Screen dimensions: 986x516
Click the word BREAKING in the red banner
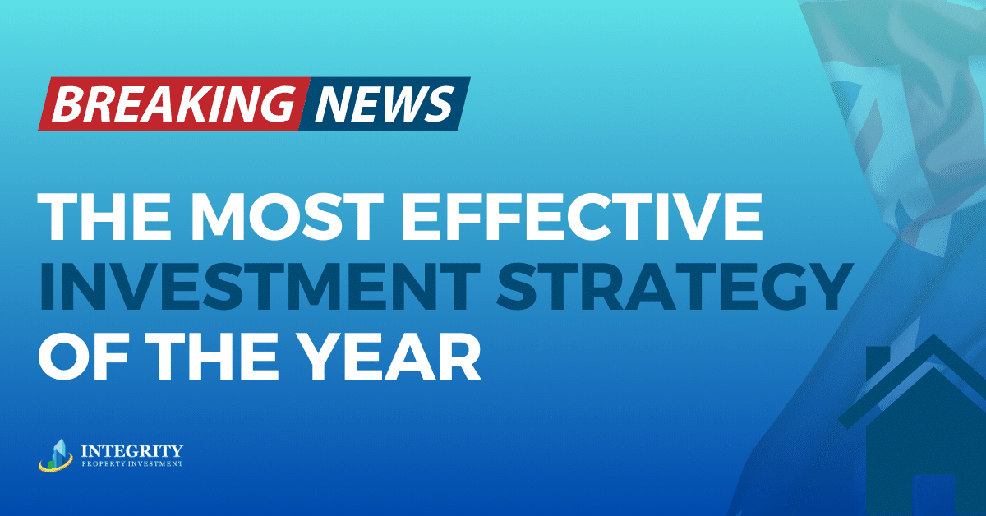[x=174, y=104]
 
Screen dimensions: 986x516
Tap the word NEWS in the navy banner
[x=385, y=104]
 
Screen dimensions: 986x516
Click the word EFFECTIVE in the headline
[x=582, y=217]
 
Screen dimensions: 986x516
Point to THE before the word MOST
[x=104, y=217]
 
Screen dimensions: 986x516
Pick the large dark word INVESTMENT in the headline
[x=260, y=286]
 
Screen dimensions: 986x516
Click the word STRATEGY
[x=675, y=286]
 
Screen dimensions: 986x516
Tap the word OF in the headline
[x=83, y=355]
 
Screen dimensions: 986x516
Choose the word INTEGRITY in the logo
[x=132, y=451]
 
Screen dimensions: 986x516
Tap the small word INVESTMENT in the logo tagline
[x=156, y=463]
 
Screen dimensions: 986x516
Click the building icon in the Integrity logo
[x=56, y=455]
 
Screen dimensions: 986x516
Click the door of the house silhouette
[x=933, y=495]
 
